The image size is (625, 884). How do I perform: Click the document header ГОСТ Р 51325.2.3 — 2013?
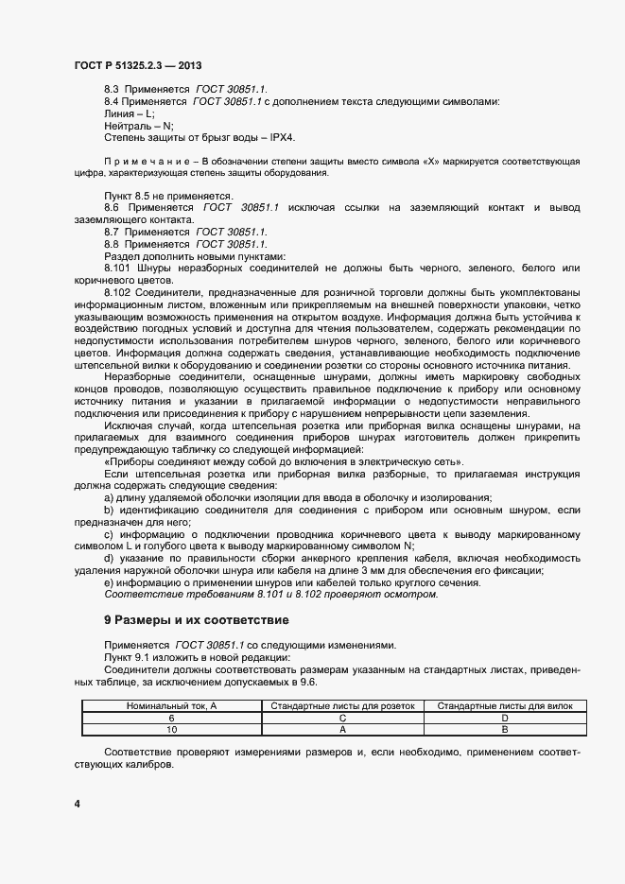[137, 65]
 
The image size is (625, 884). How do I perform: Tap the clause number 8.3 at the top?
[111, 88]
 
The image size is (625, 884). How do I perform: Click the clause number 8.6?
[112, 207]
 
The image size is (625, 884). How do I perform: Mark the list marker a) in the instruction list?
[109, 498]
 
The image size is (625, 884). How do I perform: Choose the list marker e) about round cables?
[109, 582]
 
